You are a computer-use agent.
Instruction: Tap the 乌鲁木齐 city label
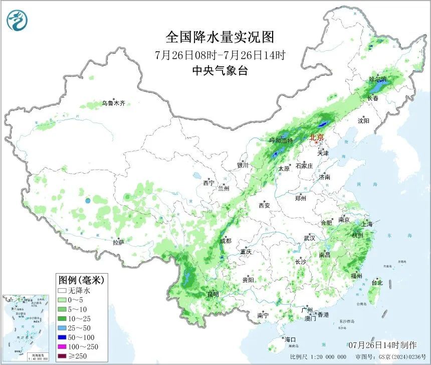point(113,103)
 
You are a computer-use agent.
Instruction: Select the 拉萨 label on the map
point(118,242)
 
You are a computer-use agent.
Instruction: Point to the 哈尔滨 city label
point(377,79)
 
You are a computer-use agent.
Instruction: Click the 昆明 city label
point(213,294)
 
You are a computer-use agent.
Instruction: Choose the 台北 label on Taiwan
point(376,283)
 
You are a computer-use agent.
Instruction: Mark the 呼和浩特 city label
point(280,141)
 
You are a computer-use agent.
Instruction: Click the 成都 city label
point(226,241)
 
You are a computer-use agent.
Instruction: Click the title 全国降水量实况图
point(220,37)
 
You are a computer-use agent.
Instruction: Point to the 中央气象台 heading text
point(220,71)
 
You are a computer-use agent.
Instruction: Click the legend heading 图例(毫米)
point(77,280)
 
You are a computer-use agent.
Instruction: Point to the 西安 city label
point(264,205)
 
